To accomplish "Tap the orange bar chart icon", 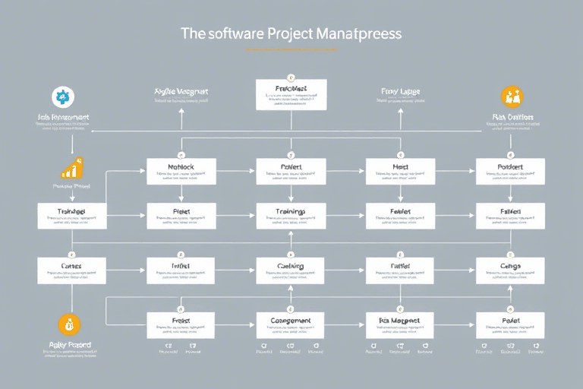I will click(72, 169).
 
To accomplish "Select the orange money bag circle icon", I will click(69, 324).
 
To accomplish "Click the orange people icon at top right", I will click(512, 96).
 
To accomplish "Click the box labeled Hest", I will click(401, 171).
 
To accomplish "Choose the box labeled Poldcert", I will click(510, 171).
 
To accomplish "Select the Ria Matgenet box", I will click(401, 325).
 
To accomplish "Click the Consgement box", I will click(291, 325).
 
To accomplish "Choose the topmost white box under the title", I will click(291, 93).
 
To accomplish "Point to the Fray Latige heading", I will click(400, 92).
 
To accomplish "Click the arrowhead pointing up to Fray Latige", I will click(400, 109).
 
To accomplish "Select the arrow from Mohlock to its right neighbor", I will click(235, 172).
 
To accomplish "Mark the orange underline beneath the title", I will click(291, 49).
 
